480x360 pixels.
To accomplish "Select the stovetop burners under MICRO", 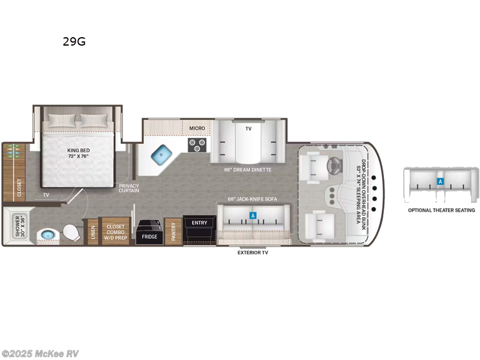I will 197,145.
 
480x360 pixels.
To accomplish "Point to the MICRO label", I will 197,128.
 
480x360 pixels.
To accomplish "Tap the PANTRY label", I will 173,232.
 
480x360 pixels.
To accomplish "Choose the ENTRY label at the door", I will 199,223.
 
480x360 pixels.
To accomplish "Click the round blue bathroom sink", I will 45,235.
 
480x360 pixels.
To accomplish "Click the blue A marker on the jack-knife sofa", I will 253,215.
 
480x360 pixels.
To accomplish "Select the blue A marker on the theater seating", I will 440,181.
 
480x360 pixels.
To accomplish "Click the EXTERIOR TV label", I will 253,253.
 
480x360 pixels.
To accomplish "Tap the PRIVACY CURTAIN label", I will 129,189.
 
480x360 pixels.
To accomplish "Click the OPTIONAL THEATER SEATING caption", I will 441,210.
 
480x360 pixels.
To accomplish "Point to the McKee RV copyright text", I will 40,353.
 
